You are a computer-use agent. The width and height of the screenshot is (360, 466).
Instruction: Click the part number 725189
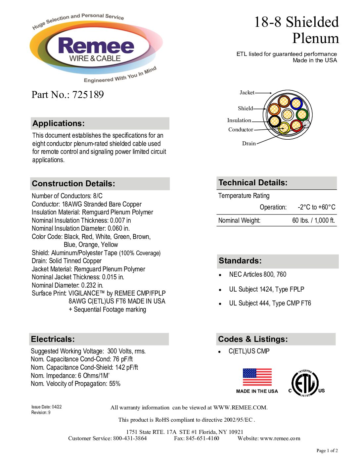88,95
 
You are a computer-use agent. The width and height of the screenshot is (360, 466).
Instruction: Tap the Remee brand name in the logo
96,46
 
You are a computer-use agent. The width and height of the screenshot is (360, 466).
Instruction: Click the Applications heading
59,123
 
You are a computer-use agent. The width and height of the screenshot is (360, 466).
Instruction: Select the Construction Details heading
73,184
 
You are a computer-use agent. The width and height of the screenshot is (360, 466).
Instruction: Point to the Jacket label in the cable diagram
247,93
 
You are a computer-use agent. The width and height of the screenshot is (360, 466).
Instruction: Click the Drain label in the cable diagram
249,144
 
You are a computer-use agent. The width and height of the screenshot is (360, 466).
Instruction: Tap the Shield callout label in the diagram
245,109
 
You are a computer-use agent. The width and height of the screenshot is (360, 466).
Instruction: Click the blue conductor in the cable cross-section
296,103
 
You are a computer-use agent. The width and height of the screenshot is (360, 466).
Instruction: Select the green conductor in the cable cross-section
302,115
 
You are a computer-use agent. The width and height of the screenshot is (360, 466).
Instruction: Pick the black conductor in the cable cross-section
275,121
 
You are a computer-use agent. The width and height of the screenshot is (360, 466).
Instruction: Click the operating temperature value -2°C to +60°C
316,208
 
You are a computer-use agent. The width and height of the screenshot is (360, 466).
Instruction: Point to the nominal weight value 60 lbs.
313,220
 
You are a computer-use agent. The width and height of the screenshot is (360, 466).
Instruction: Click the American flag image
257,377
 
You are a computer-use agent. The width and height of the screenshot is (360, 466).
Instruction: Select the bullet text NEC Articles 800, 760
257,274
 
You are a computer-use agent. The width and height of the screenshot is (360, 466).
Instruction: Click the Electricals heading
53,339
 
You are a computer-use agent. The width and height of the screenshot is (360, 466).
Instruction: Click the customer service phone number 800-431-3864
130,439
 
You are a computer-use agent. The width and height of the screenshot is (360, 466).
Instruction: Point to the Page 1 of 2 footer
327,450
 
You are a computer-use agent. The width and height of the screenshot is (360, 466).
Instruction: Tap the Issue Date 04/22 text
47,407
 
